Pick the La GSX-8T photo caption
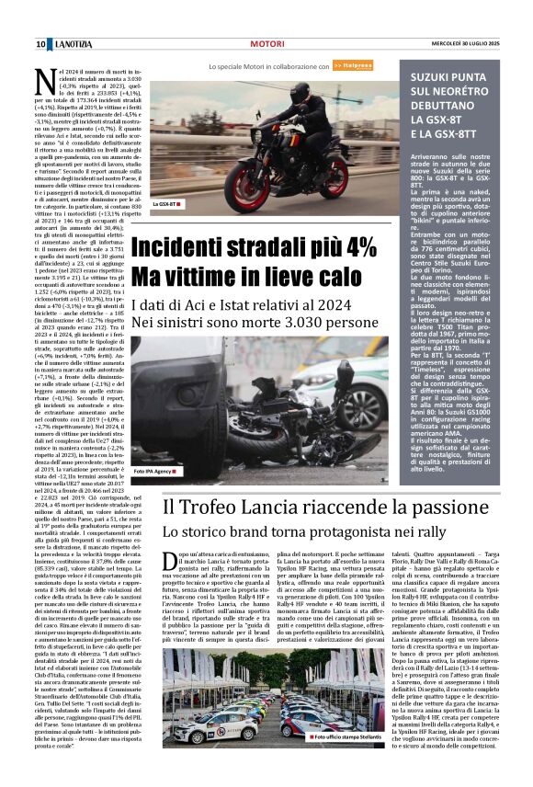point(167,204)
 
